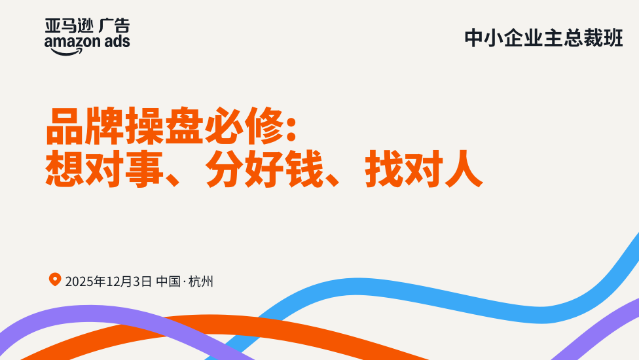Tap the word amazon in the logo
click(x=73, y=41)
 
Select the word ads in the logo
click(x=117, y=41)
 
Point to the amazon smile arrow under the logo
click(x=66, y=52)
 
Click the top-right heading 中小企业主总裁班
click(x=543, y=38)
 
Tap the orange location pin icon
click(x=55, y=279)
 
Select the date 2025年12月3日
click(x=109, y=281)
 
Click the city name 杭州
click(x=201, y=281)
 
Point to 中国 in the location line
click(x=168, y=281)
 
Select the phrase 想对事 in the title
click(x=104, y=169)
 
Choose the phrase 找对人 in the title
click(x=424, y=169)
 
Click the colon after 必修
click(x=291, y=129)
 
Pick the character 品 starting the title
click(x=65, y=126)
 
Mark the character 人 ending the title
click(x=464, y=169)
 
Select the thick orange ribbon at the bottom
click(x=228, y=326)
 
